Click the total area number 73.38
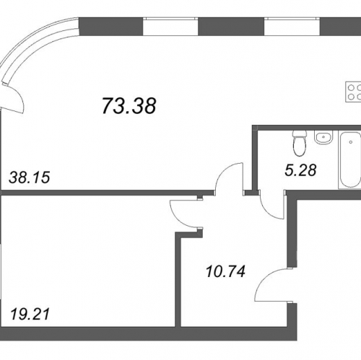point(129,106)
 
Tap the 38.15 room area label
point(30,177)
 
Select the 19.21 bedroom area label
point(30,314)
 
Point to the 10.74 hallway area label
point(226,271)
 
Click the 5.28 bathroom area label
point(300,170)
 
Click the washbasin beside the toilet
point(323,138)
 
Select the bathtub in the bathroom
point(350,159)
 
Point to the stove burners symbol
point(353,92)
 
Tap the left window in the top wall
point(170,27)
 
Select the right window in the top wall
point(292,27)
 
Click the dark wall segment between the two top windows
point(231,27)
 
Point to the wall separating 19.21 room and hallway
point(178,279)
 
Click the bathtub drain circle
point(351,142)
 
